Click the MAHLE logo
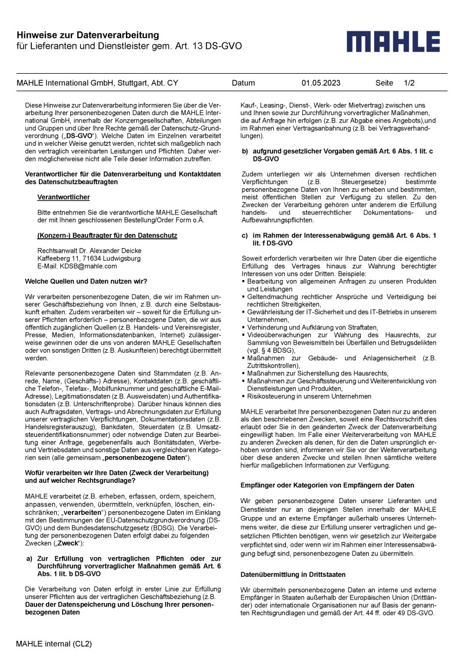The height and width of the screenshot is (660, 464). coord(401,43)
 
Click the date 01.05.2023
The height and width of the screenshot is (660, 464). coord(321,83)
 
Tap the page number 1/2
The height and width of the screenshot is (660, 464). coord(409,83)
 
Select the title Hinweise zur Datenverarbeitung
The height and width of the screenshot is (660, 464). coord(88,36)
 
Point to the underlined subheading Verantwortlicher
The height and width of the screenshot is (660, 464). coord(63,197)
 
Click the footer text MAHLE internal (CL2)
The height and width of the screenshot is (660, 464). coord(53,644)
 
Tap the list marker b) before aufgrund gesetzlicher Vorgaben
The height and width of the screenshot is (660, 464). coord(245,151)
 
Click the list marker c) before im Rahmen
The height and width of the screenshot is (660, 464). coord(245,235)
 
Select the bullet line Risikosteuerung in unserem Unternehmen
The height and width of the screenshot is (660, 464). coord(309,396)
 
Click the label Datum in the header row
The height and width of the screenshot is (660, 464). coord(243,83)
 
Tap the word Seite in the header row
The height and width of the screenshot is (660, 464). coord(385,83)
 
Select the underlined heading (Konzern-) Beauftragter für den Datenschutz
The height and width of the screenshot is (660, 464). coord(107,235)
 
